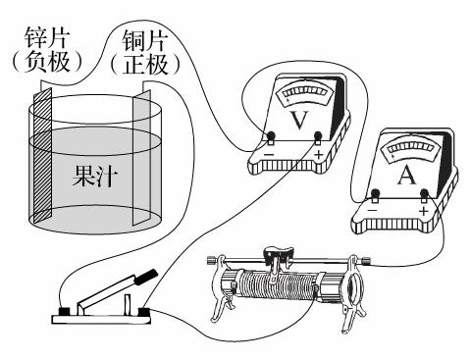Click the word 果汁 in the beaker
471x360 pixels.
94,180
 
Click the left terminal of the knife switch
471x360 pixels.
65,312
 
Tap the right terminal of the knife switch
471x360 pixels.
144,312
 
